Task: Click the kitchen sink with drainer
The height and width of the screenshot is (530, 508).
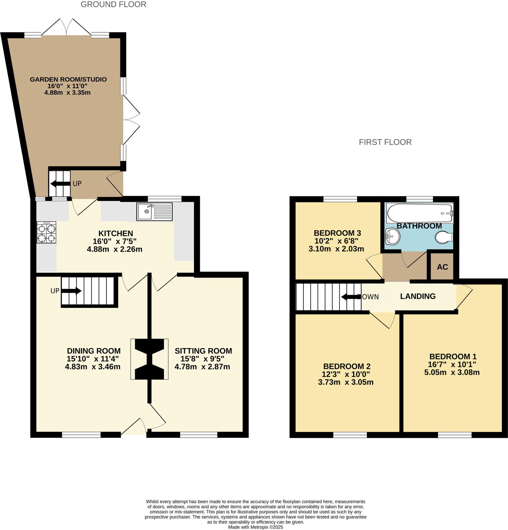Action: pyautogui.click(x=154, y=212)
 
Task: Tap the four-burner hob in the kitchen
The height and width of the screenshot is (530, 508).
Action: pyautogui.click(x=46, y=233)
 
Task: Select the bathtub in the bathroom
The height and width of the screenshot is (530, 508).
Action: pyautogui.click(x=419, y=213)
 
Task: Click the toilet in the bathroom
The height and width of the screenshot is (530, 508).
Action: pyautogui.click(x=443, y=237)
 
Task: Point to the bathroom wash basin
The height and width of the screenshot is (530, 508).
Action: pyautogui.click(x=392, y=236)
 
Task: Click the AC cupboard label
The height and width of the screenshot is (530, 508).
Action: pyautogui.click(x=442, y=267)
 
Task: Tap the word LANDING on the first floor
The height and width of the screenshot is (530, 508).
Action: pyautogui.click(x=418, y=296)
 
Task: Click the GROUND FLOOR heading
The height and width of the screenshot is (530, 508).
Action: pyautogui.click(x=114, y=5)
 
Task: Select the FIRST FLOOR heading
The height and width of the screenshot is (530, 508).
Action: pyautogui.click(x=385, y=142)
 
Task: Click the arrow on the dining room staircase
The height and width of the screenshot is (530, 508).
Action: pyautogui.click(x=72, y=291)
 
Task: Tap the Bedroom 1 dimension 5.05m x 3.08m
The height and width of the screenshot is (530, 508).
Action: pyautogui.click(x=452, y=372)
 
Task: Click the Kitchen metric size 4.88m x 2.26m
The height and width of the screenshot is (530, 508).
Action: pyautogui.click(x=115, y=249)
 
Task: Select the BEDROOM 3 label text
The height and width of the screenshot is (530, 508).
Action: pyautogui.click(x=337, y=233)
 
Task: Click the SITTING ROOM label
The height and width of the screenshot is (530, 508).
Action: pyautogui.click(x=203, y=351)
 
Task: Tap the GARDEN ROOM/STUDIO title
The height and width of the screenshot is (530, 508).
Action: pyautogui.click(x=68, y=79)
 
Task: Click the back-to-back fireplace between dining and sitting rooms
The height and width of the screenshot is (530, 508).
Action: pyautogui.click(x=150, y=359)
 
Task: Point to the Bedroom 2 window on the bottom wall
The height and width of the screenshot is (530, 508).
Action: pyautogui.click(x=350, y=435)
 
